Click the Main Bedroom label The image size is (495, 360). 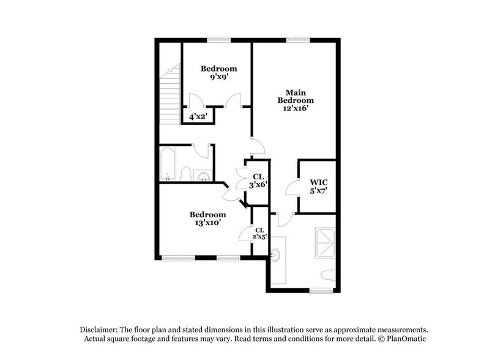296,96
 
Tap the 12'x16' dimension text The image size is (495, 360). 296,108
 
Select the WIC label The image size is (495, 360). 318,182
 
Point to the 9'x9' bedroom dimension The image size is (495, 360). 218,78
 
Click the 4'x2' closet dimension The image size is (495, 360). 198,116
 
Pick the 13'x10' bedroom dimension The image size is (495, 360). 207,223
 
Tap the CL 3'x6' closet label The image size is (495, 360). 258,181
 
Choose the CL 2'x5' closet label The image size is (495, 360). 260,233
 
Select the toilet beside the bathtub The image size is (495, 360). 185,173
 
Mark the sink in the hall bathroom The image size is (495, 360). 204,176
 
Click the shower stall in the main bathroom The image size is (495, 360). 325,244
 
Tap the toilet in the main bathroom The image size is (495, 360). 329,275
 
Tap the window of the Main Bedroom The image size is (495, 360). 297,40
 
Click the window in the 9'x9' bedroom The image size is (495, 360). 218,40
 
